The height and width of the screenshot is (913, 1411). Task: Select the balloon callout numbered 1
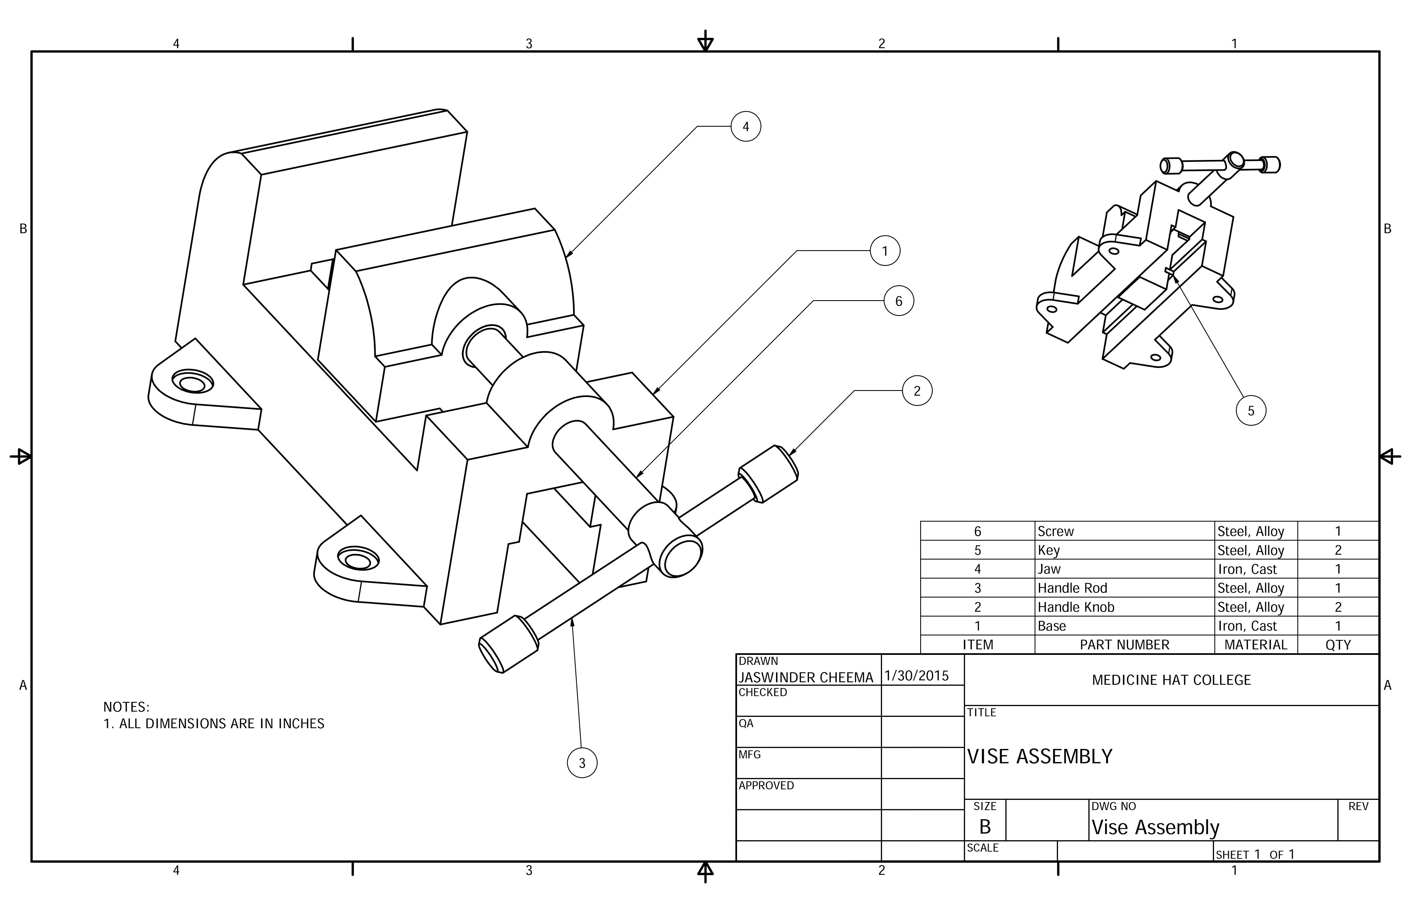[885, 251]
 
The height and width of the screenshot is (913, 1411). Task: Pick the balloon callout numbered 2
[917, 391]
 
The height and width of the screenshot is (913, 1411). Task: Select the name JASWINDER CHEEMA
[806, 677]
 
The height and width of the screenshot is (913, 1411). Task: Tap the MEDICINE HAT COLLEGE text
[1171, 680]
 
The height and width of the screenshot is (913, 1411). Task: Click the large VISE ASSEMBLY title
[1039, 756]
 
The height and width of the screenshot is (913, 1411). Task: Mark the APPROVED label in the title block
[766, 785]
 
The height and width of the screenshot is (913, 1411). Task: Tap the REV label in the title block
[1358, 806]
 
